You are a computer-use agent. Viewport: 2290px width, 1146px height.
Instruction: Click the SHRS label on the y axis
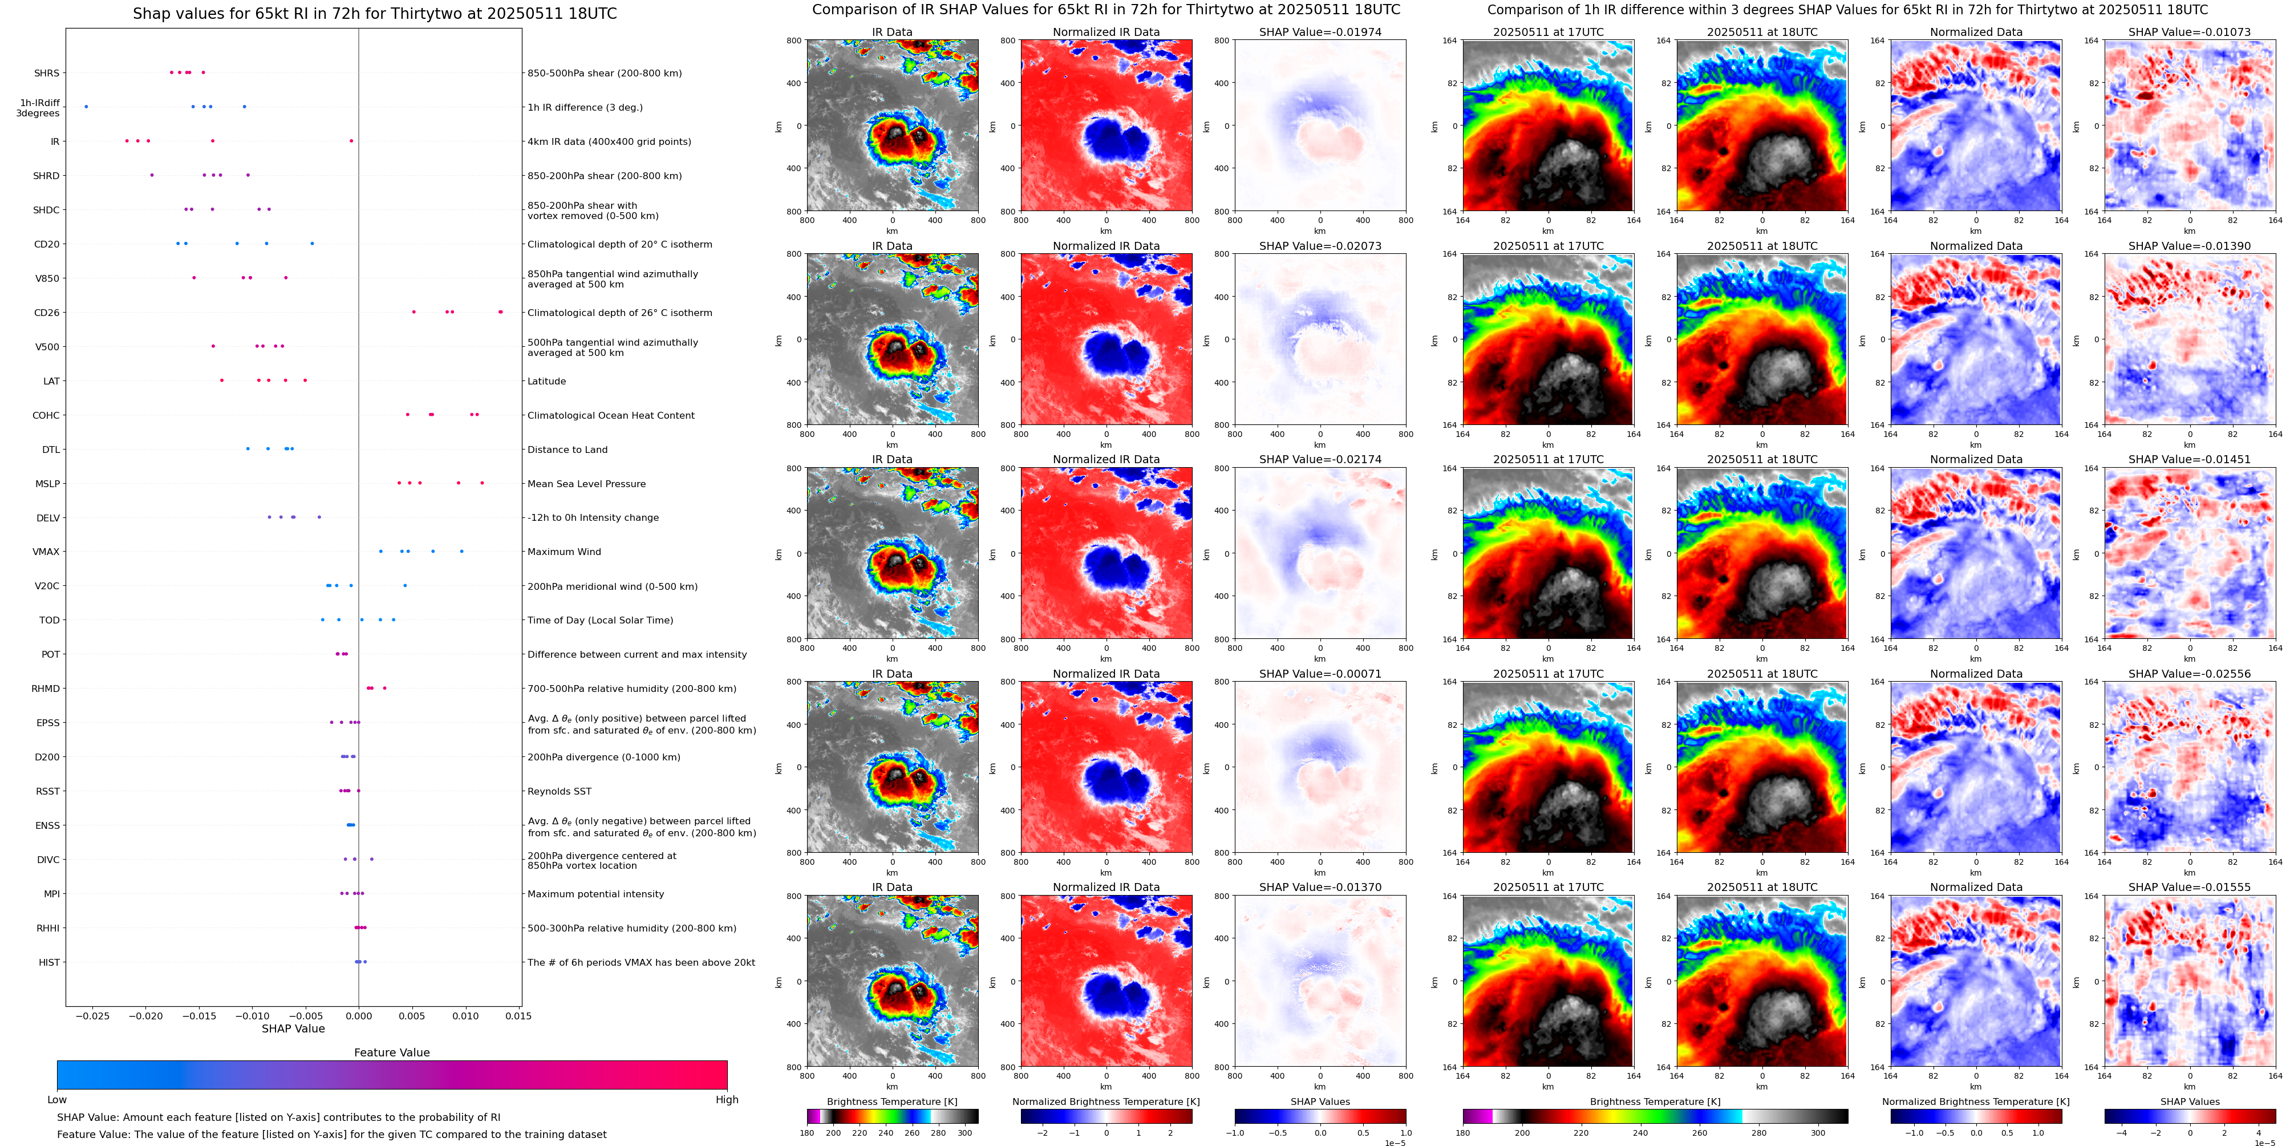[46, 73]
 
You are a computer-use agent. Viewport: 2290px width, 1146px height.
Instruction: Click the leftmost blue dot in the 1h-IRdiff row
[86, 107]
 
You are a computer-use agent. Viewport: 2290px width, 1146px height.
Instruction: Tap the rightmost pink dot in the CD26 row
[501, 312]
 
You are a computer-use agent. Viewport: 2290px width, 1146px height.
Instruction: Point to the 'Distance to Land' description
[567, 450]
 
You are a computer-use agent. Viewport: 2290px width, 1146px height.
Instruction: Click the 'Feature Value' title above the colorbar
[391, 1052]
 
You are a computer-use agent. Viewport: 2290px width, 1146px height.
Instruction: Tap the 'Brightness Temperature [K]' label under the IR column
[891, 1102]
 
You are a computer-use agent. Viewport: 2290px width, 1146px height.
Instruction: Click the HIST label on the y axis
[49, 962]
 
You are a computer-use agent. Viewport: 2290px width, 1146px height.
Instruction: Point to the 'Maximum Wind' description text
[564, 552]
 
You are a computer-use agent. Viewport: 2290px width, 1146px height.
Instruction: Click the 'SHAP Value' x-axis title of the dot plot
[293, 1028]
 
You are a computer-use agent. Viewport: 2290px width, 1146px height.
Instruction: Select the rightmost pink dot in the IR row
[351, 140]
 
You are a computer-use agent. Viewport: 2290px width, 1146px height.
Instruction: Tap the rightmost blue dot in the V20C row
[406, 586]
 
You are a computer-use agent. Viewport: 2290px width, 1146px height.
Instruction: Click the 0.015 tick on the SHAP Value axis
[519, 1016]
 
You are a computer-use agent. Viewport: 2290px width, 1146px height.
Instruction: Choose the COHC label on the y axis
[46, 415]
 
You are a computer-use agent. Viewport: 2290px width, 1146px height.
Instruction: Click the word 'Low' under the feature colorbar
[57, 1100]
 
